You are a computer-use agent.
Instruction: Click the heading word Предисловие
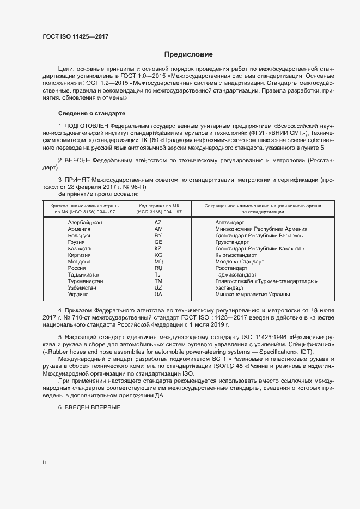pyautogui.click(x=188, y=54)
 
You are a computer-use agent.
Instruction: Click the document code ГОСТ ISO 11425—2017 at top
pyautogui.click(x=75, y=36)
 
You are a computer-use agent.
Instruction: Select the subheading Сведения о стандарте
pyautogui.click(x=91, y=113)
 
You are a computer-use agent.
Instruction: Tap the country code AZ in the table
pyautogui.click(x=158, y=223)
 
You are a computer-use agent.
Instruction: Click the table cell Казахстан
pyautogui.click(x=81, y=248)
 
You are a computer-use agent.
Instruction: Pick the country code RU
pyautogui.click(x=158, y=268)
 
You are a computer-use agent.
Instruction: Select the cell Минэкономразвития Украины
pyautogui.click(x=252, y=294)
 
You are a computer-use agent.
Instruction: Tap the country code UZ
pyautogui.click(x=158, y=287)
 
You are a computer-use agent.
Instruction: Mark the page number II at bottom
pyautogui.click(x=44, y=463)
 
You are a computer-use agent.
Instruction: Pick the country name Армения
pyautogui.click(x=80, y=229)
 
